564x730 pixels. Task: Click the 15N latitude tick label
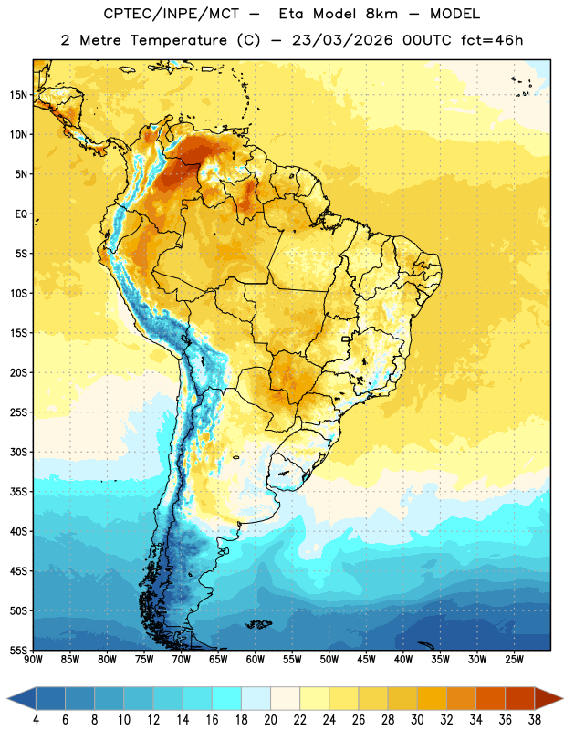[x=18, y=95]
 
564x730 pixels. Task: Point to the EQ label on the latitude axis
[x=21, y=214]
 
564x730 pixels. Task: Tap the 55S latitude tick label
[x=18, y=650]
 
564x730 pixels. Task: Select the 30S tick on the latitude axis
[x=18, y=452]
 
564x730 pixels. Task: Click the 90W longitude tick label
[x=34, y=660]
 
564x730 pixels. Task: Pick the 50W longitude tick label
[x=329, y=660]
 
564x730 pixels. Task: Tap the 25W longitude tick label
[x=514, y=660]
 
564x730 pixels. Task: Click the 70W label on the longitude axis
[x=182, y=660]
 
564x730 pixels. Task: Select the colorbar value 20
[x=270, y=720]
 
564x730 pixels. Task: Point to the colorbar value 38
[x=535, y=720]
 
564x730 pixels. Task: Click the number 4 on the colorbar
[x=36, y=720]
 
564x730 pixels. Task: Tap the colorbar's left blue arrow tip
[x=7, y=699]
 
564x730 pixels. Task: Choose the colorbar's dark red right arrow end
[x=562, y=699]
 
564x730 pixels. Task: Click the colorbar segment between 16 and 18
[x=227, y=699]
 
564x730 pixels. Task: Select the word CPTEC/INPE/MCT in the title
[x=172, y=14]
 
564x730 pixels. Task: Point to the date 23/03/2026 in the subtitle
[x=342, y=40]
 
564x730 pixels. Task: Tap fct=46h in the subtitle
[x=492, y=40]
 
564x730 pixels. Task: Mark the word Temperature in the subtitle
[x=178, y=40]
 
